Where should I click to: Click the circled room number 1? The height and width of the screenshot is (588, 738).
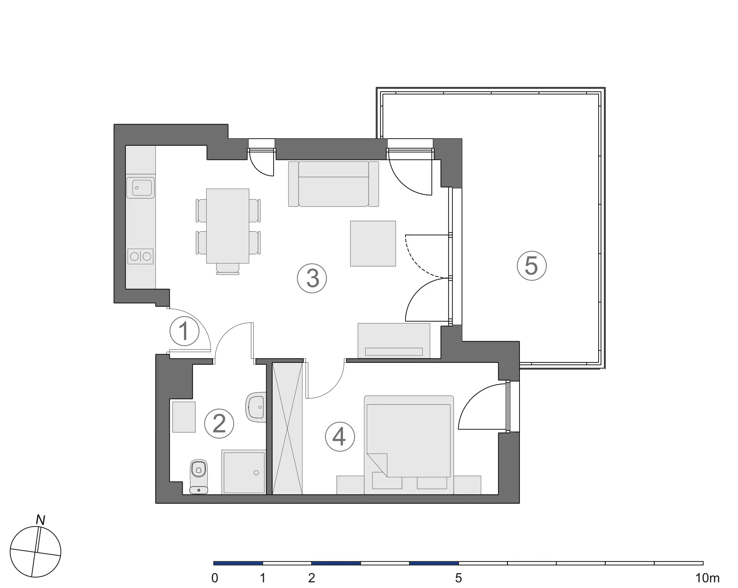(184, 331)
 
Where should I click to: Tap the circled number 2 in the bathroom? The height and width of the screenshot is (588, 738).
(219, 424)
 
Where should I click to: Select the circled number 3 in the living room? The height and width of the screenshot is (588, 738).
(312, 278)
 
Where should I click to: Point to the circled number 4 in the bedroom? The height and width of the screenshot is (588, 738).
(340, 437)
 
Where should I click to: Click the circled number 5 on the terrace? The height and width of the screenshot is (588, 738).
(531, 266)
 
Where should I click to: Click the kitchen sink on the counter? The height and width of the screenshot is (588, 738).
(140, 188)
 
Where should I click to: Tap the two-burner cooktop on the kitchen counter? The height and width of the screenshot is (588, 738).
(140, 256)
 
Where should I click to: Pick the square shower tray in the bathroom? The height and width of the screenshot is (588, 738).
(244, 472)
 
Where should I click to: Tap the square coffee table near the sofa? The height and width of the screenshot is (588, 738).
(373, 243)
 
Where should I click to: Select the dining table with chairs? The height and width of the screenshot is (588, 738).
(228, 226)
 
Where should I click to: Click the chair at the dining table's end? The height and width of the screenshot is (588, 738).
(228, 269)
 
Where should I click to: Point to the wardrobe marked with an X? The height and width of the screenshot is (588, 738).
(287, 428)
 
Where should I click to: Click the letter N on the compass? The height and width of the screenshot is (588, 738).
(41, 521)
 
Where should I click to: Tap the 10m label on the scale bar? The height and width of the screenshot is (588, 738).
(707, 578)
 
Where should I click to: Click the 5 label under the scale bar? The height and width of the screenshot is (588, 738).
(458, 578)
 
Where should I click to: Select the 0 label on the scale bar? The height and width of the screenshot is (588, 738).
(215, 578)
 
